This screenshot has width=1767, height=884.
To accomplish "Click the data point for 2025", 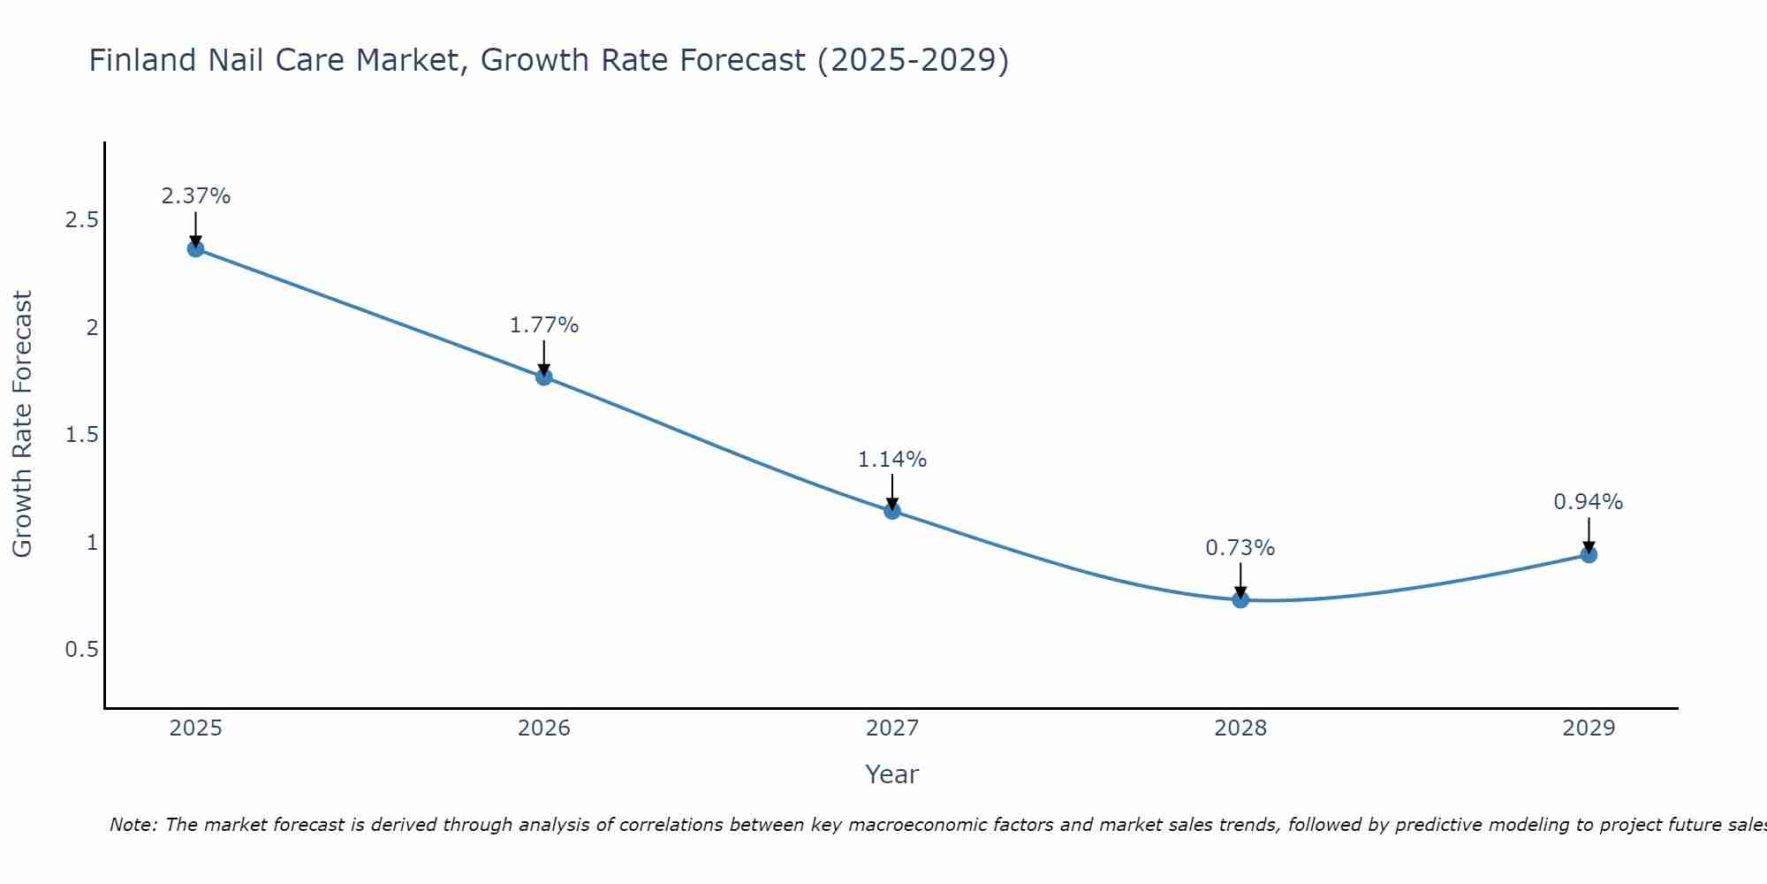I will click(x=195, y=248).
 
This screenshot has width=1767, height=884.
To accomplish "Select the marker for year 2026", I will click(x=544, y=377).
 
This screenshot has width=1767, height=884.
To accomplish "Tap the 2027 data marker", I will click(x=892, y=511).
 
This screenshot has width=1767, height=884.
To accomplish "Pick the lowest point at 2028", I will click(x=1240, y=599).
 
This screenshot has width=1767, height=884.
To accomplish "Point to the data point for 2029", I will click(x=1589, y=555).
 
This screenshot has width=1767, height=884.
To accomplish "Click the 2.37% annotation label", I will click(x=195, y=196).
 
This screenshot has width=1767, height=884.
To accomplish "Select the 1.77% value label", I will click(x=544, y=325).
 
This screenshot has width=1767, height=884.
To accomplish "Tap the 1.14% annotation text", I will click(x=892, y=460).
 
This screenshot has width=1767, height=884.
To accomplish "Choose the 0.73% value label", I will click(x=1240, y=548).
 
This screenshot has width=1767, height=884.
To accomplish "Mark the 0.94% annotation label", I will click(x=1589, y=502).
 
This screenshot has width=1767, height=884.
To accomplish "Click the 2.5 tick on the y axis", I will click(x=81, y=220).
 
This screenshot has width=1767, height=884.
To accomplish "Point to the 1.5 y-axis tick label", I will click(x=81, y=435).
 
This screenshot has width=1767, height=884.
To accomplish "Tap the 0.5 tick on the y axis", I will click(x=81, y=650).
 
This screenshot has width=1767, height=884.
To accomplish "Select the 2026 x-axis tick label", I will click(x=544, y=728).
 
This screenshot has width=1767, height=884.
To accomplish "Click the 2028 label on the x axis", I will click(x=1240, y=728).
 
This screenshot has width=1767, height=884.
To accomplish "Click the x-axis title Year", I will click(x=892, y=774).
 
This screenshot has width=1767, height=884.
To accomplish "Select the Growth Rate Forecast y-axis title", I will click(x=23, y=424).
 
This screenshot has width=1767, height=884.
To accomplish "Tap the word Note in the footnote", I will click(x=133, y=825).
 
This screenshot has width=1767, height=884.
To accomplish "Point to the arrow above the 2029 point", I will click(x=1589, y=535).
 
